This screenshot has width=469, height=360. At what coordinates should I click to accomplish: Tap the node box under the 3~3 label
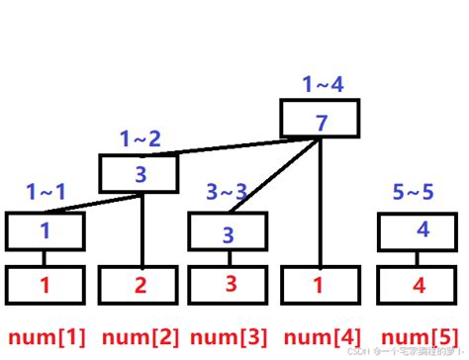click(x=227, y=233)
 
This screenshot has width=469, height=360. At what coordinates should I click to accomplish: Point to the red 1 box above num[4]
click(x=319, y=285)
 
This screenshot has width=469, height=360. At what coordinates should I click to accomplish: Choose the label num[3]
click(x=227, y=336)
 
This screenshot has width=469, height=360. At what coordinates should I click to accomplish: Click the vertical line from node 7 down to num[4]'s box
click(x=319, y=203)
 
